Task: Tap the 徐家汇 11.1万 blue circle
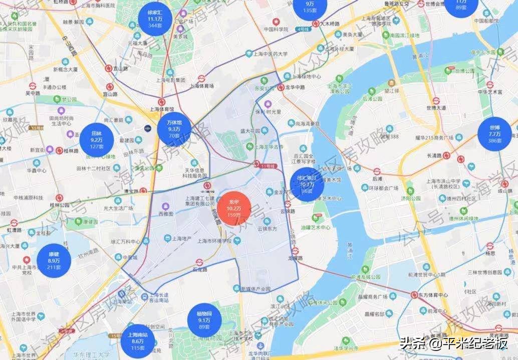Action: pyautogui.click(x=155, y=18)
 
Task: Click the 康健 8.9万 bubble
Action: pyautogui.click(x=54, y=260)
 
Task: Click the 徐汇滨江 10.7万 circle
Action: pyautogui.click(x=307, y=185)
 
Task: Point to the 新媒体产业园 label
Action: pyautogui.click(x=255, y=289)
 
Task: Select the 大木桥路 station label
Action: pyautogui.click(x=332, y=23)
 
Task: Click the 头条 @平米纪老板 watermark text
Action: pyautogui.click(x=453, y=344)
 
